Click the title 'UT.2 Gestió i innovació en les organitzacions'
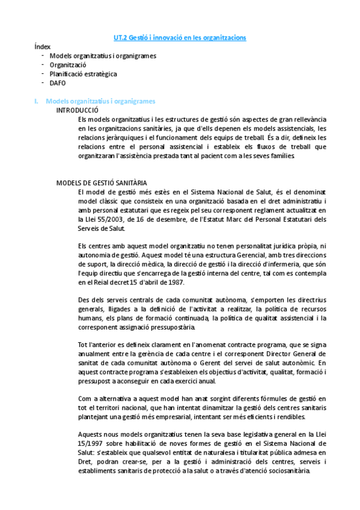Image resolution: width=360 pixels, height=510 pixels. tap(180, 38)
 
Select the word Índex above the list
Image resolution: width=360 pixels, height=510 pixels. tap(43, 46)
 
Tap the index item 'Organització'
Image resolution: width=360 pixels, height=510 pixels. tap(68, 64)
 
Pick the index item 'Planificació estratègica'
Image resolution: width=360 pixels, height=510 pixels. tap(83, 73)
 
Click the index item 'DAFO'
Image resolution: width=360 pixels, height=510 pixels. tap(58, 82)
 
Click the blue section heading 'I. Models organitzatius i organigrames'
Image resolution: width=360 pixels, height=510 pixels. tap(96, 101)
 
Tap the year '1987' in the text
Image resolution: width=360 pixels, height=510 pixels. tap(172, 283)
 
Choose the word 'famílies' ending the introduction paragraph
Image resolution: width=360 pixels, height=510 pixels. tap(279, 156)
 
